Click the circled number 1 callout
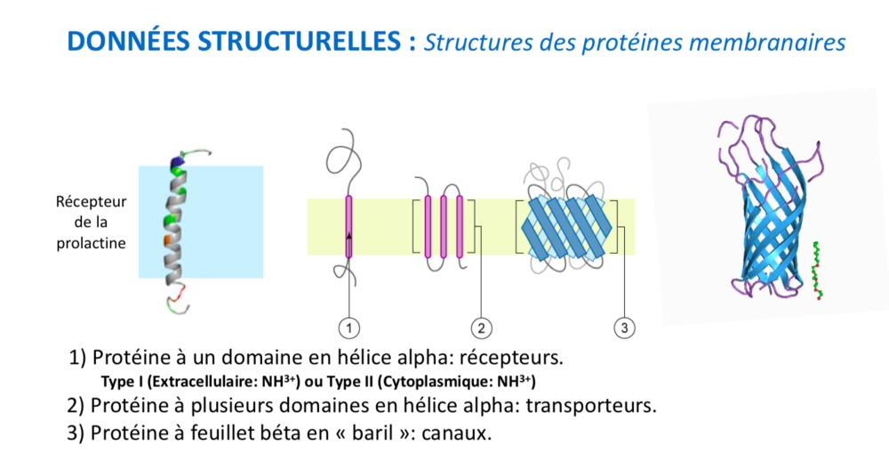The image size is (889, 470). coord(348,328)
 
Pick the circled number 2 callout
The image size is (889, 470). coord(481,328)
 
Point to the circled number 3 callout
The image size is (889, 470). coord(624,328)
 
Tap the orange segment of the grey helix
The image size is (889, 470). coord(168,241)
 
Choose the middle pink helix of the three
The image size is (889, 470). coord(444,227)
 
